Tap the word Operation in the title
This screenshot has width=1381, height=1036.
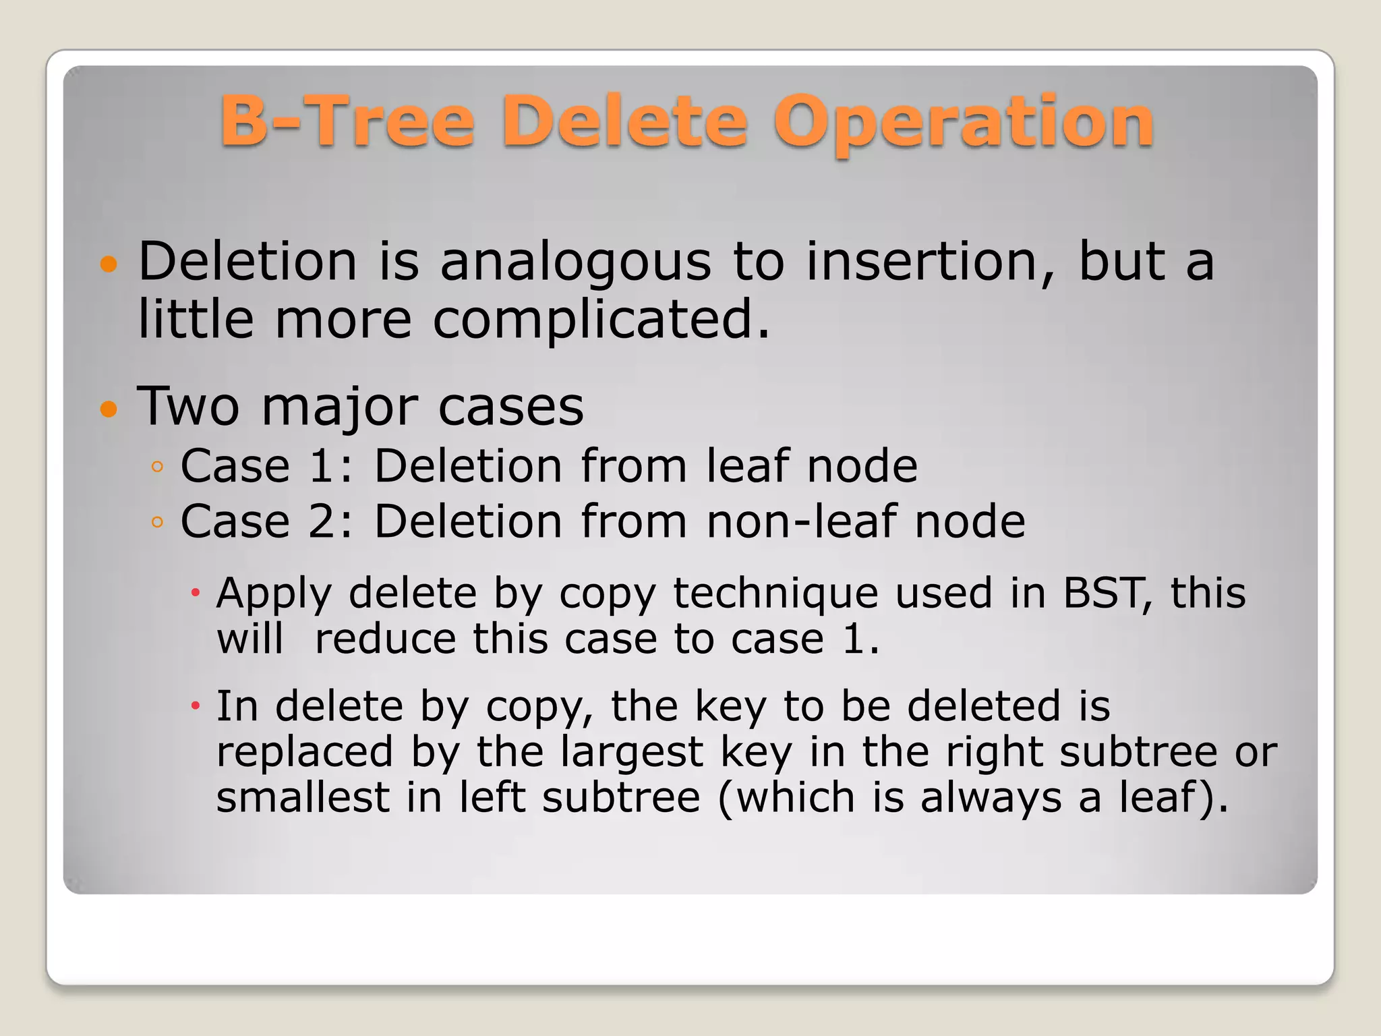[964, 123]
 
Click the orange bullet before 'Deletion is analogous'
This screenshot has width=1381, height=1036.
[108, 264]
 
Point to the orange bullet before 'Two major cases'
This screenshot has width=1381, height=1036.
[108, 409]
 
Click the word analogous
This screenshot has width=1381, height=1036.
[575, 263]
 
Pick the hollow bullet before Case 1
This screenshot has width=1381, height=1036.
[157, 466]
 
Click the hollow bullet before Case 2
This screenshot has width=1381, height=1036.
[157, 521]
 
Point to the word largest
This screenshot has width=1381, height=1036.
[632, 753]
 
